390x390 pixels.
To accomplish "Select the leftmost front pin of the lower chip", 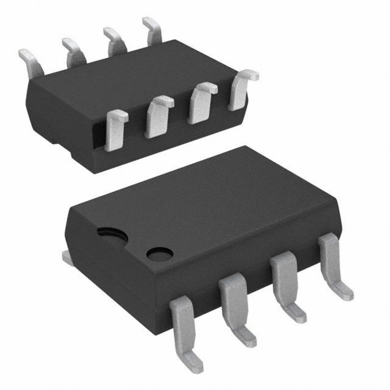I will (x=183, y=324).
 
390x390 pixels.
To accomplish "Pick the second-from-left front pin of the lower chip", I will (x=233, y=301).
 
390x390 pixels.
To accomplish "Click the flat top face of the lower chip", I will (x=213, y=206).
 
